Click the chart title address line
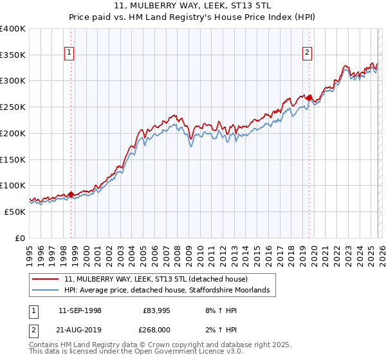pyautogui.click(x=193, y=6)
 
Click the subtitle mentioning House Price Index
pyautogui.click(x=193, y=17)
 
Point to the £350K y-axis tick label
pyautogui.click(x=13, y=55)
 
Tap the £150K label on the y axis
pyautogui.click(x=13, y=159)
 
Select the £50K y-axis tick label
pyautogui.click(x=15, y=212)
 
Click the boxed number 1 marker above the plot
pyautogui.click(x=69, y=53)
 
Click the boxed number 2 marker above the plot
pyautogui.click(x=308, y=53)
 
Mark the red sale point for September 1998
pyautogui.click(x=71, y=194)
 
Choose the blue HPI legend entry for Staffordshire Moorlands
pyautogui.click(x=170, y=291)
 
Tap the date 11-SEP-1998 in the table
pyautogui.click(x=80, y=310)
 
